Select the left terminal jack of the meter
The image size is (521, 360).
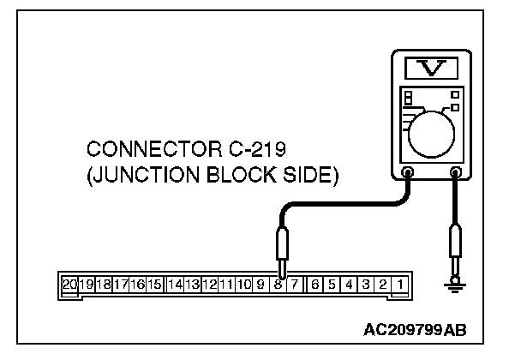click(407, 172)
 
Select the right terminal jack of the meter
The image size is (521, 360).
click(455, 172)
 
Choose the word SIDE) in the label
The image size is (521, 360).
click(316, 177)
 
